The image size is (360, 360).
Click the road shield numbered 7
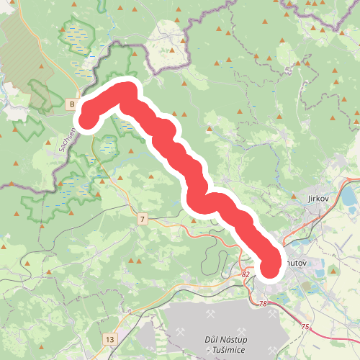tap(143, 218)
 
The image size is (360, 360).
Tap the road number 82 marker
tap(246, 274)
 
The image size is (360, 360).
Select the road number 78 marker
tap(263, 304)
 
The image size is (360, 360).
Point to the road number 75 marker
tap(305, 327)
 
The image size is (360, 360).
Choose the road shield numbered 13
tap(109, 338)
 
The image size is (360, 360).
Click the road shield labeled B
tap(72, 105)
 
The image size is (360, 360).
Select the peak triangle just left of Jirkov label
tap(296, 194)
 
